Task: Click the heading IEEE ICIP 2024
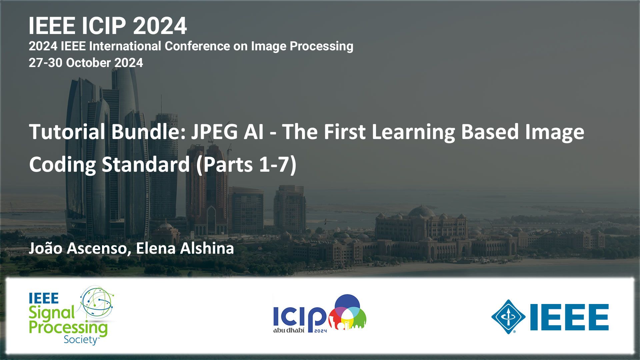pyautogui.click(x=108, y=26)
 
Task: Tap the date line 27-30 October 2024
pyautogui.click(x=86, y=63)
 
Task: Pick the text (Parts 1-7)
pyautogui.click(x=246, y=165)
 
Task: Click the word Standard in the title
pyautogui.click(x=146, y=164)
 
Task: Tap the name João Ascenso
pyautogui.click(x=79, y=248)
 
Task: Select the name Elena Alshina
pyautogui.click(x=185, y=248)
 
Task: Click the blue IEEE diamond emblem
pyautogui.click(x=508, y=317)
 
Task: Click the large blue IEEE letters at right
pyautogui.click(x=569, y=317)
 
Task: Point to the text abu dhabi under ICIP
pyautogui.click(x=289, y=330)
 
